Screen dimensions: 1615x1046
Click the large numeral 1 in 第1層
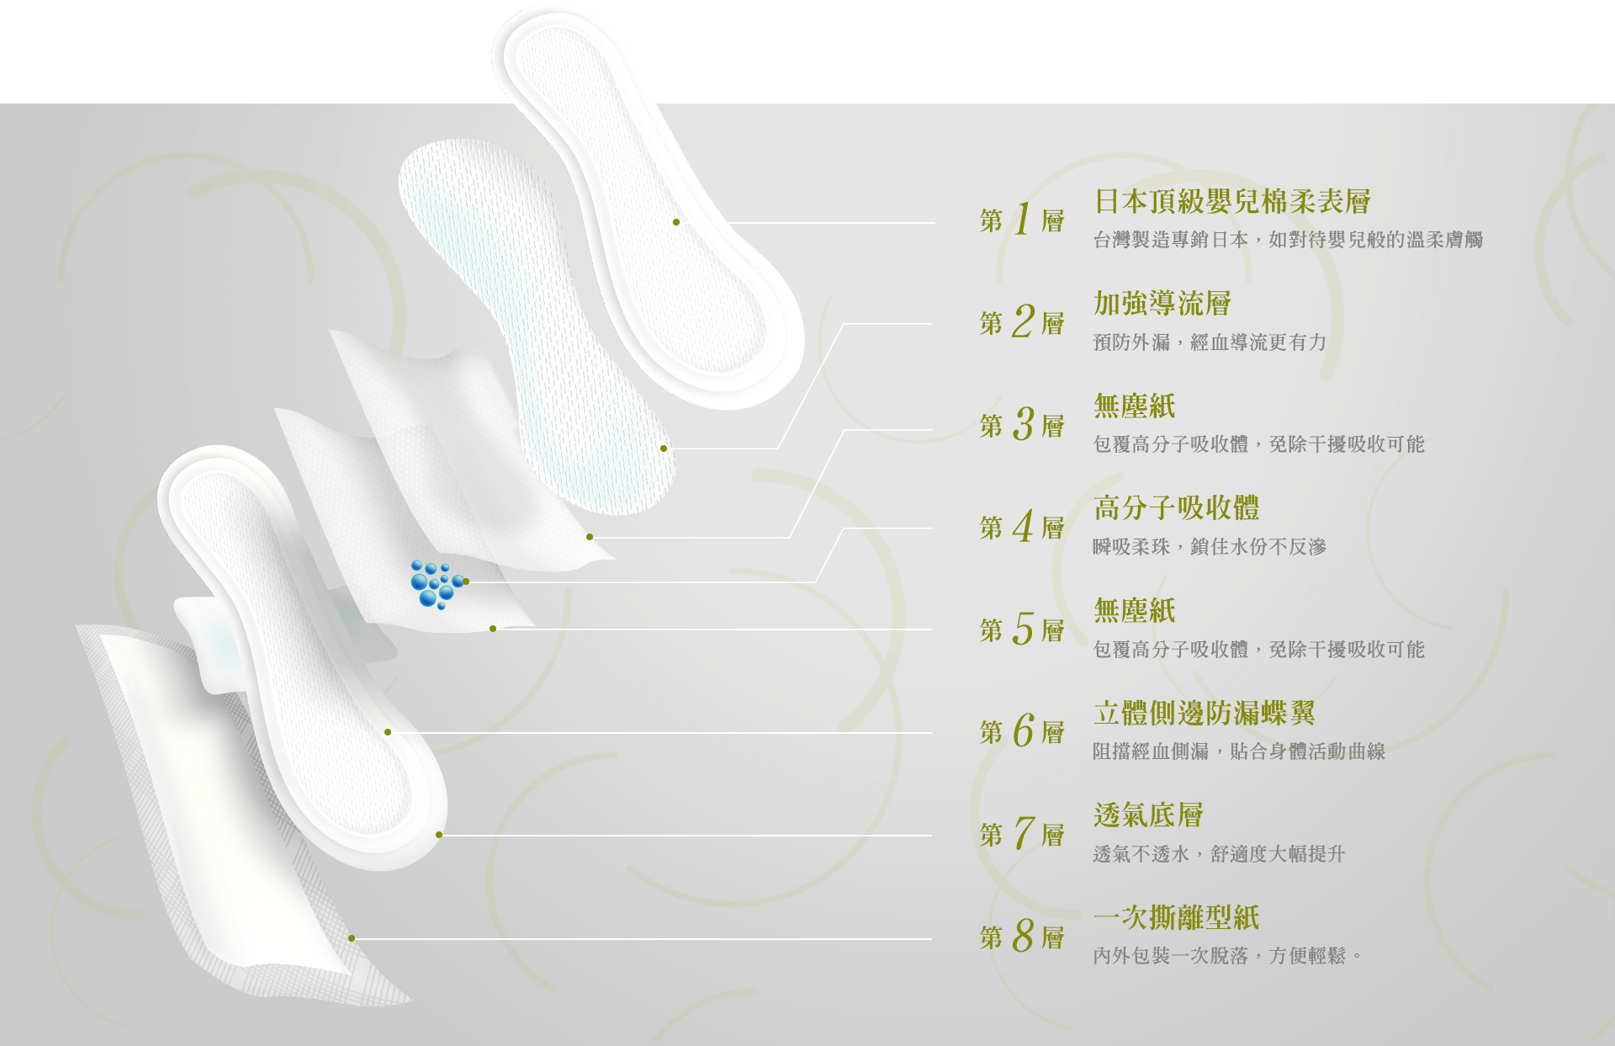click(x=1023, y=220)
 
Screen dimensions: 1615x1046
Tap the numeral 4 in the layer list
click(x=1023, y=527)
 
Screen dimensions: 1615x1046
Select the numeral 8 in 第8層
click(x=1023, y=936)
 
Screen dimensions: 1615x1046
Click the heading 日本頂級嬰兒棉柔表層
click(x=1232, y=201)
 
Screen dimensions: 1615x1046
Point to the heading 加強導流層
click(x=1162, y=303)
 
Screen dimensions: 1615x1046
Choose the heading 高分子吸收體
click(x=1177, y=507)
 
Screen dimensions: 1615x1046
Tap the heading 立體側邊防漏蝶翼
click(x=1205, y=713)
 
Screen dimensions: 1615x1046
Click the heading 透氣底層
click(x=1148, y=815)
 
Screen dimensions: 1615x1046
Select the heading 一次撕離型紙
click(x=1177, y=917)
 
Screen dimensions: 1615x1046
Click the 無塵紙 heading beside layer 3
click(x=1135, y=406)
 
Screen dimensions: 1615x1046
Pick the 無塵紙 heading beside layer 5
click(x=1135, y=610)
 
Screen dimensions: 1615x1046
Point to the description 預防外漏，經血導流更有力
click(x=1210, y=342)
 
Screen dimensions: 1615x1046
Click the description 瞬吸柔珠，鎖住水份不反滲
click(x=1210, y=546)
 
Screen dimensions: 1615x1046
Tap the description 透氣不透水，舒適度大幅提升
click(x=1219, y=854)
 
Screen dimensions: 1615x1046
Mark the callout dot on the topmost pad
click(x=676, y=222)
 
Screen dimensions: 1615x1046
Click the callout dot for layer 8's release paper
click(x=352, y=938)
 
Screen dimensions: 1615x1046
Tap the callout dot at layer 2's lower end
click(x=664, y=449)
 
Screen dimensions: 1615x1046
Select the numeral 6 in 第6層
click(x=1023, y=731)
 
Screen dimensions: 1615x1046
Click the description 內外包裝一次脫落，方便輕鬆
click(x=1227, y=956)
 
